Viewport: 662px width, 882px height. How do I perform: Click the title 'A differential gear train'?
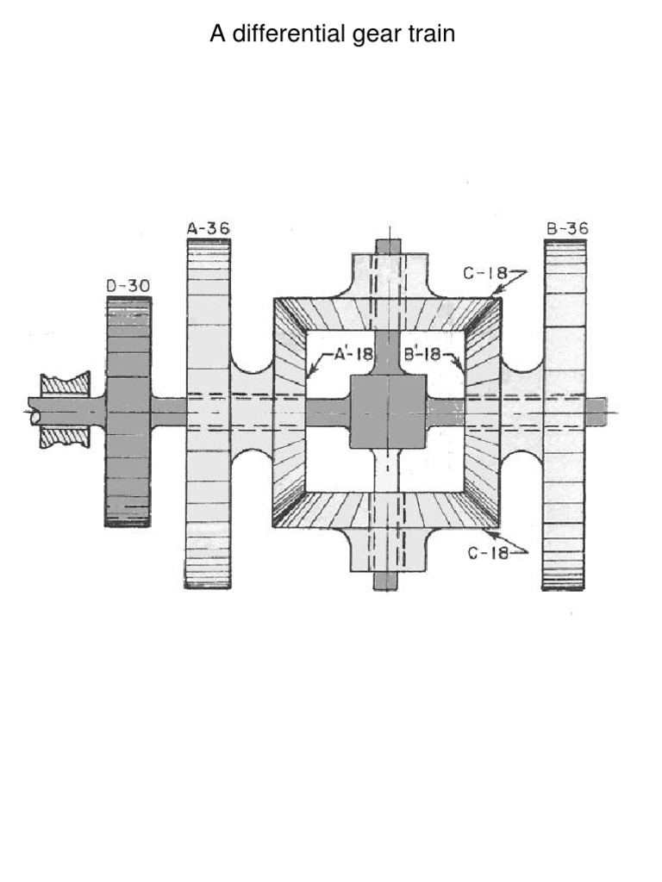[x=332, y=34]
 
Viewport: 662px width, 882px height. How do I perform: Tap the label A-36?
[x=209, y=228]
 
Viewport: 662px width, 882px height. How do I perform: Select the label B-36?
[x=566, y=228]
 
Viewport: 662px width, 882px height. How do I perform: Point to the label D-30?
[x=128, y=285]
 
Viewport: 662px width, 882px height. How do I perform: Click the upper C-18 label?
[x=484, y=274]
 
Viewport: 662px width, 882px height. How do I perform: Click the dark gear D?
[x=128, y=412]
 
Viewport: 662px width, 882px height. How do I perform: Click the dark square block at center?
[x=388, y=412]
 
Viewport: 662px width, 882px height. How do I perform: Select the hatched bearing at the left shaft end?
[x=66, y=411]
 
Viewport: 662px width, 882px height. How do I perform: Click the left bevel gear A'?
[x=290, y=412]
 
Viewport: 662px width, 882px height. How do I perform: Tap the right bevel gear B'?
[x=484, y=412]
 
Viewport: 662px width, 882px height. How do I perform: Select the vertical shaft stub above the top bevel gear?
[x=387, y=246]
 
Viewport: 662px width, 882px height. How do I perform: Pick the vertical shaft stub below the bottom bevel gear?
[x=385, y=581]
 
